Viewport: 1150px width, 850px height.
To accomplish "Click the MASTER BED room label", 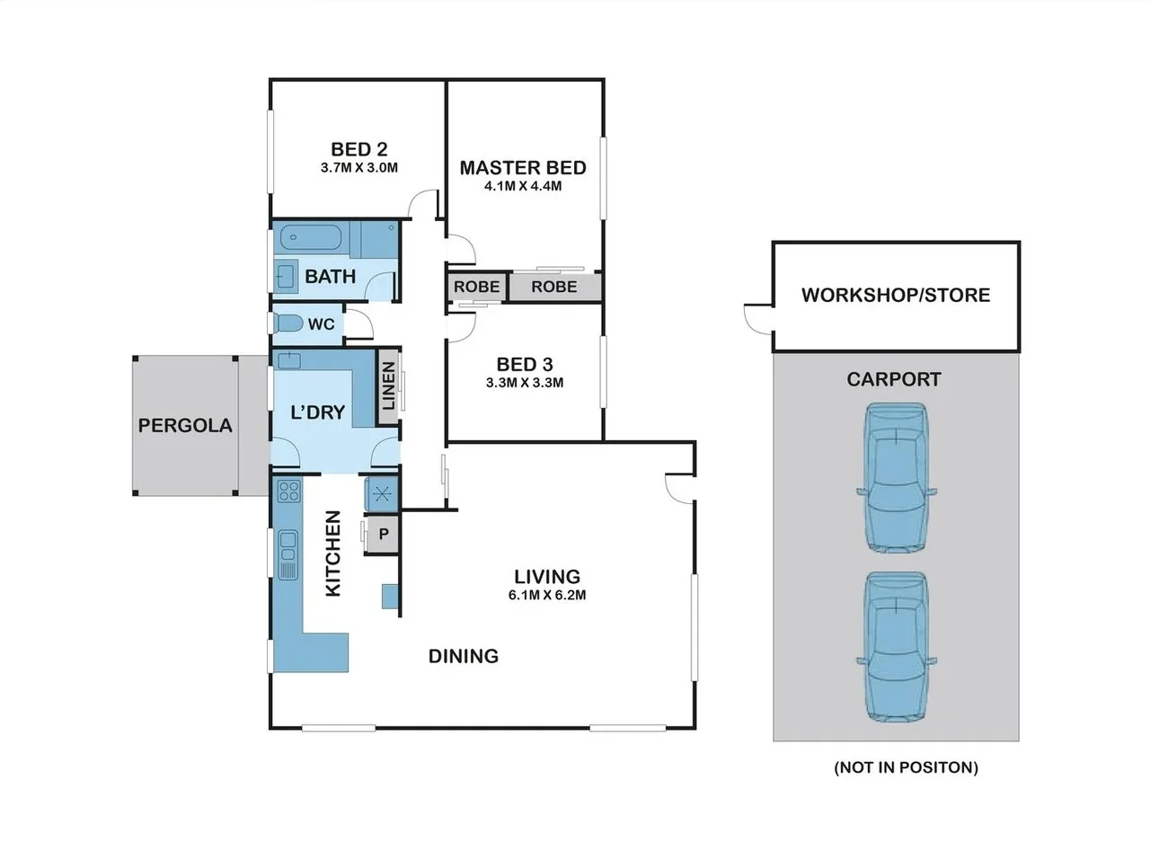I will pos(523,168).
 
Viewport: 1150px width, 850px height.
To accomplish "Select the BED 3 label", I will pos(525,365).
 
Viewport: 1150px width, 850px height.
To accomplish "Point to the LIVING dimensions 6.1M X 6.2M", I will pos(547,595).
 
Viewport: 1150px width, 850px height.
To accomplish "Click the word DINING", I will pos(463,656).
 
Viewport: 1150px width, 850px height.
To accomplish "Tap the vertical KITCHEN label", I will pos(332,553).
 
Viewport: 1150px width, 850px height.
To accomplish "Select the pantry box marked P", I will pos(384,535).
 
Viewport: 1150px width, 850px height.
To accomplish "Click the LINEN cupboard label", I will pos(388,386).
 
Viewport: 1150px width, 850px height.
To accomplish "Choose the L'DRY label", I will pos(318,412).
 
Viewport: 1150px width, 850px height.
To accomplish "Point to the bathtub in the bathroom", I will pos(311,239).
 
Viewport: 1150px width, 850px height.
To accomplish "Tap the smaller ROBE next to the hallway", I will pos(476,287).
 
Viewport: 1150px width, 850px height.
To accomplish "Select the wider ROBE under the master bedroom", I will pos(554,287).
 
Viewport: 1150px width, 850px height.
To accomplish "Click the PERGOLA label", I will pos(185,426).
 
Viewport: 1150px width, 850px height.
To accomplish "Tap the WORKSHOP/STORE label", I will pos(896,295).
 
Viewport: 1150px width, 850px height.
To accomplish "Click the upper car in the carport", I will pos(897,478).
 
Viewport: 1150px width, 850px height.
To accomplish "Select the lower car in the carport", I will pos(897,647).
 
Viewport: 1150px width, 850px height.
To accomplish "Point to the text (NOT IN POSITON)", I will pos(906,767).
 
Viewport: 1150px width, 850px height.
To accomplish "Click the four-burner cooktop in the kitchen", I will pos(288,491).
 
